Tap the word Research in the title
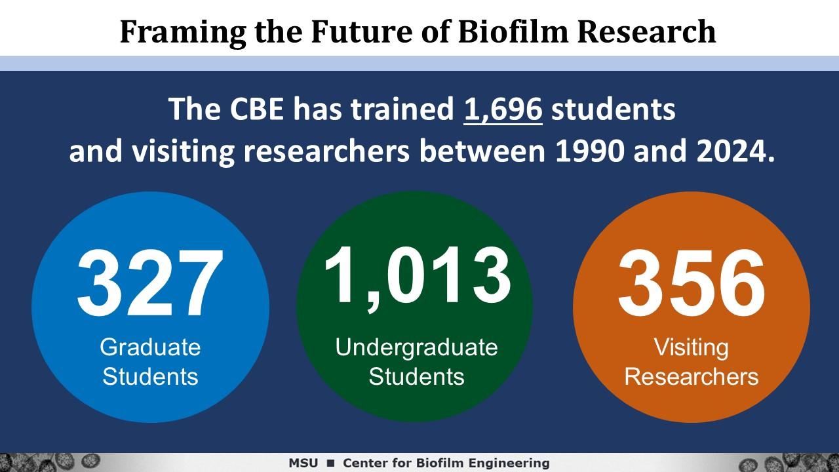click(646, 31)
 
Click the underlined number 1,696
click(503, 110)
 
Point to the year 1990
click(590, 151)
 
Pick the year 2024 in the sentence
click(731, 151)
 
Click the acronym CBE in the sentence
click(256, 109)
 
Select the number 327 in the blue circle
click(150, 283)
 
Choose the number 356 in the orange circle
click(692, 283)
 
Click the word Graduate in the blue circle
click(150, 347)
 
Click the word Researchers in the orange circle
click(692, 376)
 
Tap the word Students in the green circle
click(416, 376)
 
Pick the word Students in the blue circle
click(150, 376)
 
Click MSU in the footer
click(303, 463)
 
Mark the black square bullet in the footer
click(331, 463)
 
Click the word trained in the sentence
click(402, 109)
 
